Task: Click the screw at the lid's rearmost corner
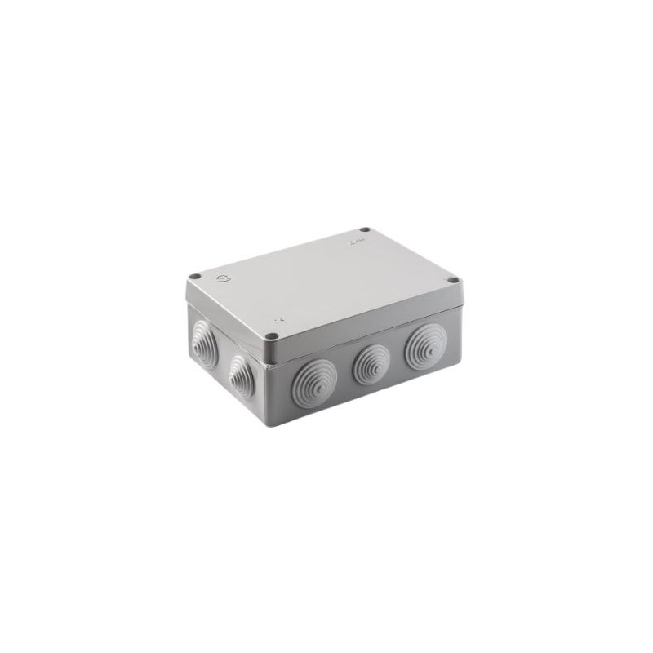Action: point(365,230)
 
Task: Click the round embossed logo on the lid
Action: point(222,279)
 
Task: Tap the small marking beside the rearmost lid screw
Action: point(353,242)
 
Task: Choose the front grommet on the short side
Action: point(242,377)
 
